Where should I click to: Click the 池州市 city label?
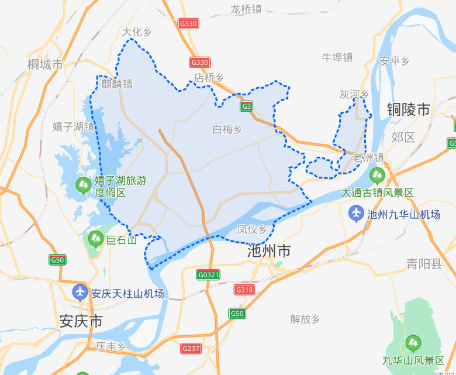pos(269,252)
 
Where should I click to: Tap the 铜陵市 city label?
pos(408,109)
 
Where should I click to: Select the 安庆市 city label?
pos(81,321)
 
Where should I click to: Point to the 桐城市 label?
pos(45,64)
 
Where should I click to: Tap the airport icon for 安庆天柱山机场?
pos(80,292)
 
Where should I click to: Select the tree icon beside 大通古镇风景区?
pos(377,175)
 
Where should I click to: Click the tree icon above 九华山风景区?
pos(413,342)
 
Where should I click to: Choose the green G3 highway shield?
pos(247,106)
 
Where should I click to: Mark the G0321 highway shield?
pos(208,274)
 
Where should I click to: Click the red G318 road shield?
pos(244,290)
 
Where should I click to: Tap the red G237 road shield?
pos(191,349)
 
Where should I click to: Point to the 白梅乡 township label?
pos(227,129)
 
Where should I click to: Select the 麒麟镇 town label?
pos(117,83)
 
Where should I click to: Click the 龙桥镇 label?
pos(246,9)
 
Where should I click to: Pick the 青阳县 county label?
pos(425,264)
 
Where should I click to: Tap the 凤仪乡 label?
pos(252,229)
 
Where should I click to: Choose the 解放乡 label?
pos(305,319)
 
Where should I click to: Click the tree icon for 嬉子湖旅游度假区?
pos(83,186)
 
